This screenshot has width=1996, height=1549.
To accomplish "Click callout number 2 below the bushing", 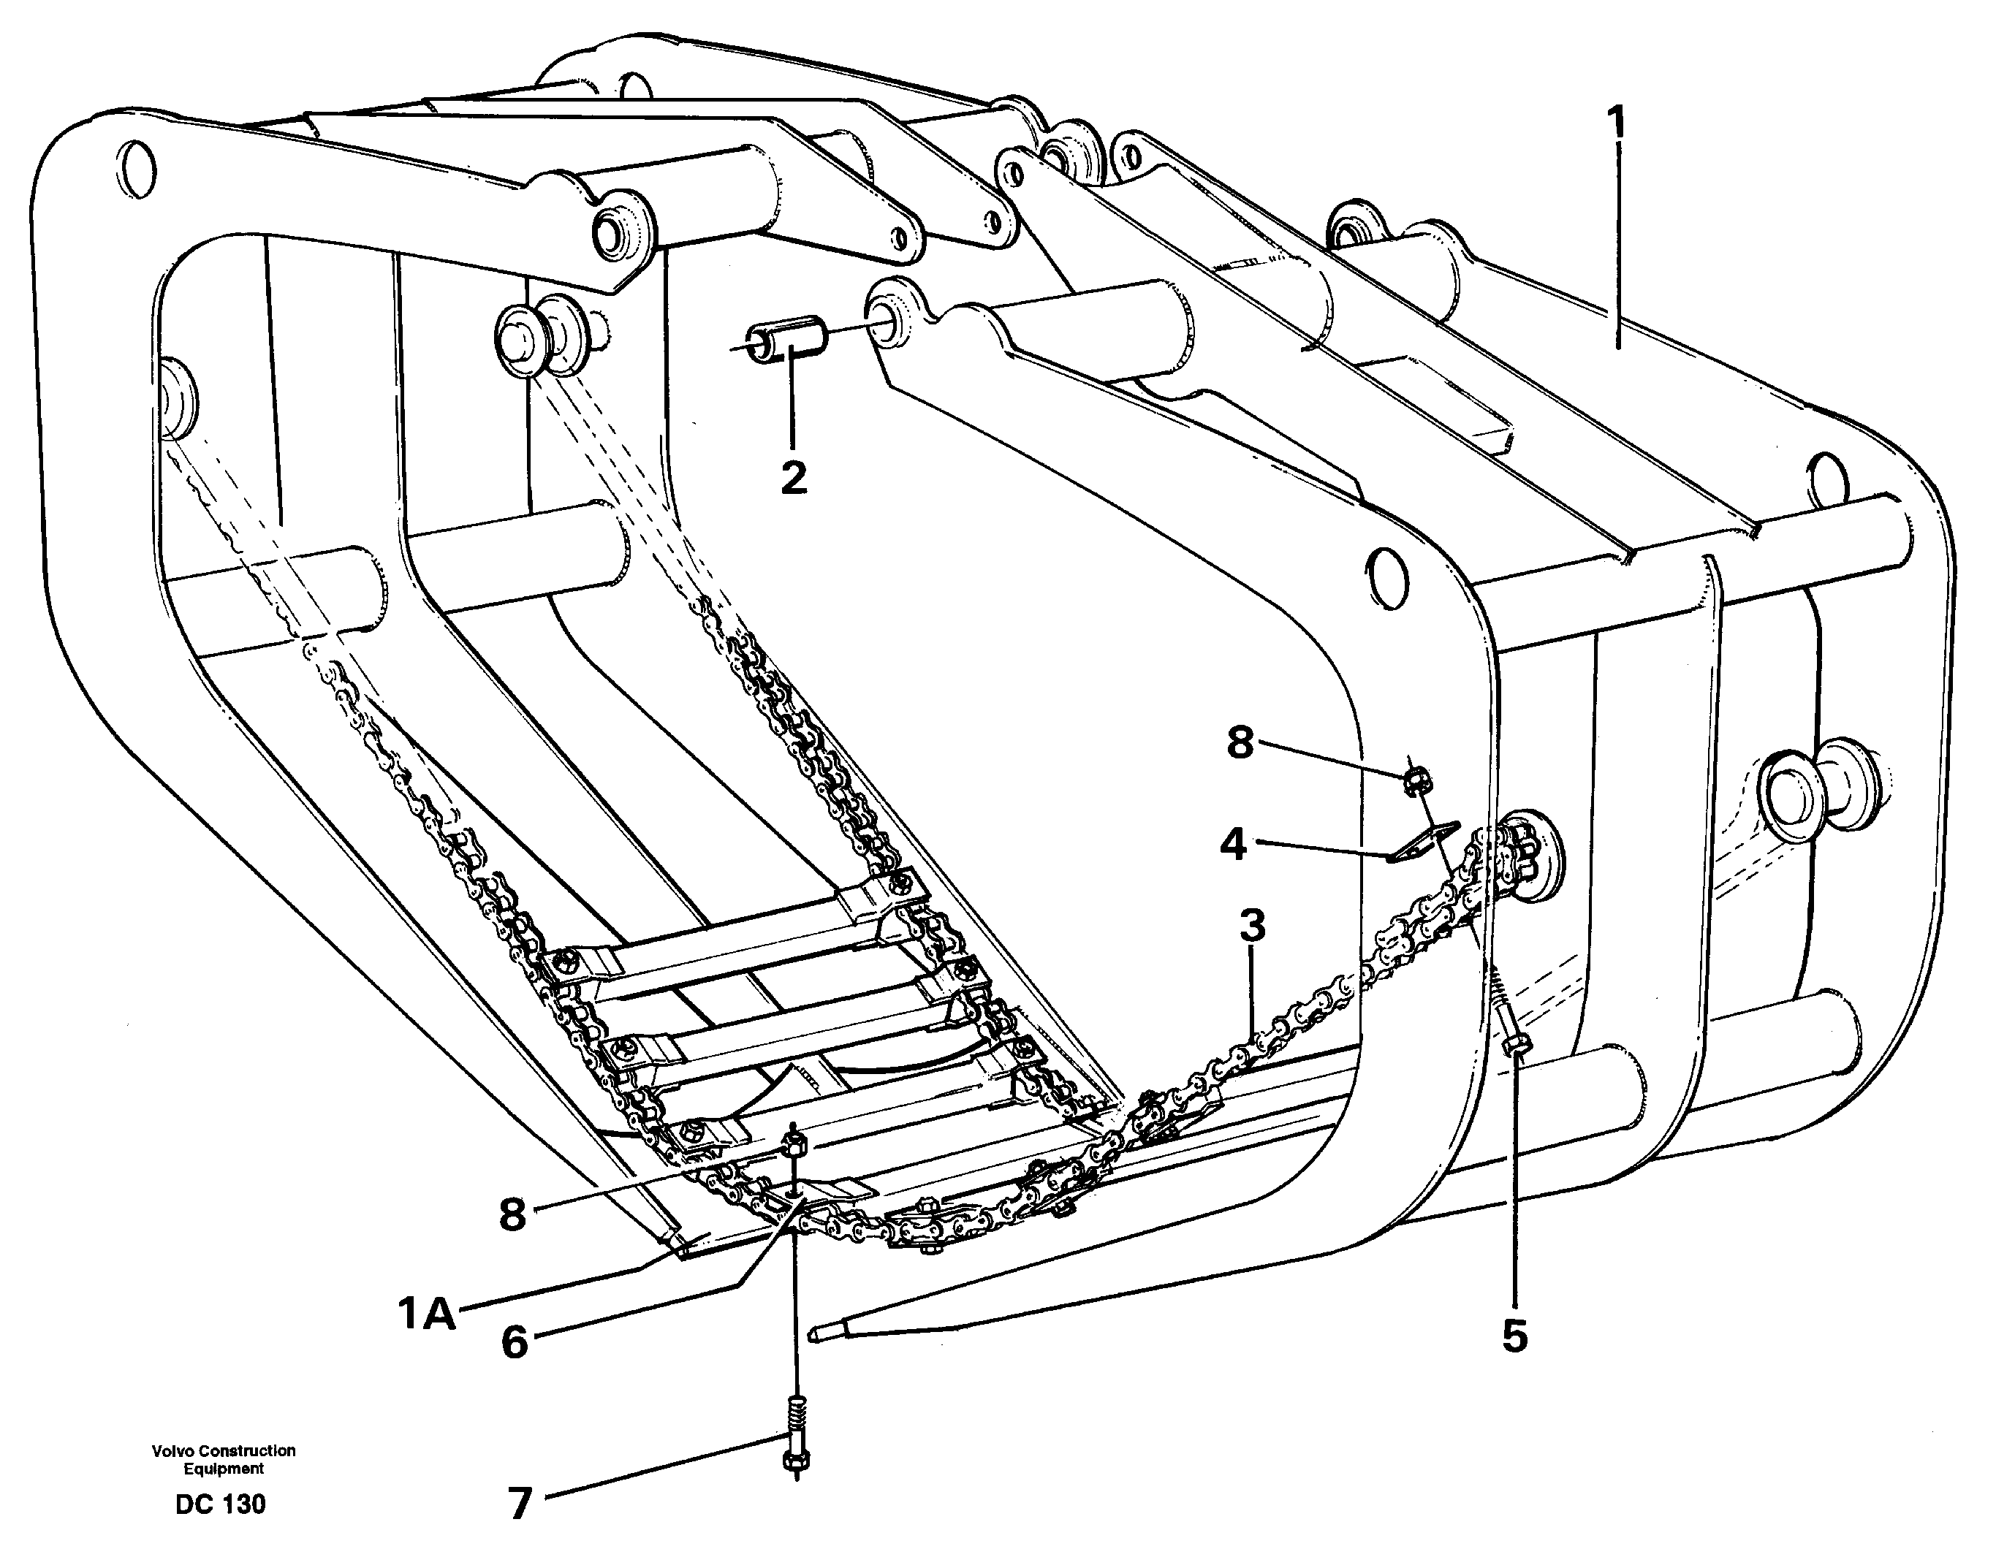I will [793, 477].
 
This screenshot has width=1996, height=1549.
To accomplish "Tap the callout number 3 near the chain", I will [1252, 925].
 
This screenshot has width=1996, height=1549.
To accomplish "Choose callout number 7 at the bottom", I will [519, 1503].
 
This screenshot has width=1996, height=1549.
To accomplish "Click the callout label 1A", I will [426, 1314].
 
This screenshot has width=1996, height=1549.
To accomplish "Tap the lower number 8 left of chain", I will [513, 1214].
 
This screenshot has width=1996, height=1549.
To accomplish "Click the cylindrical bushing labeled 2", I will [786, 338].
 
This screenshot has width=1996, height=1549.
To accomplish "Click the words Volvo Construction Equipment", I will [224, 1458].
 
